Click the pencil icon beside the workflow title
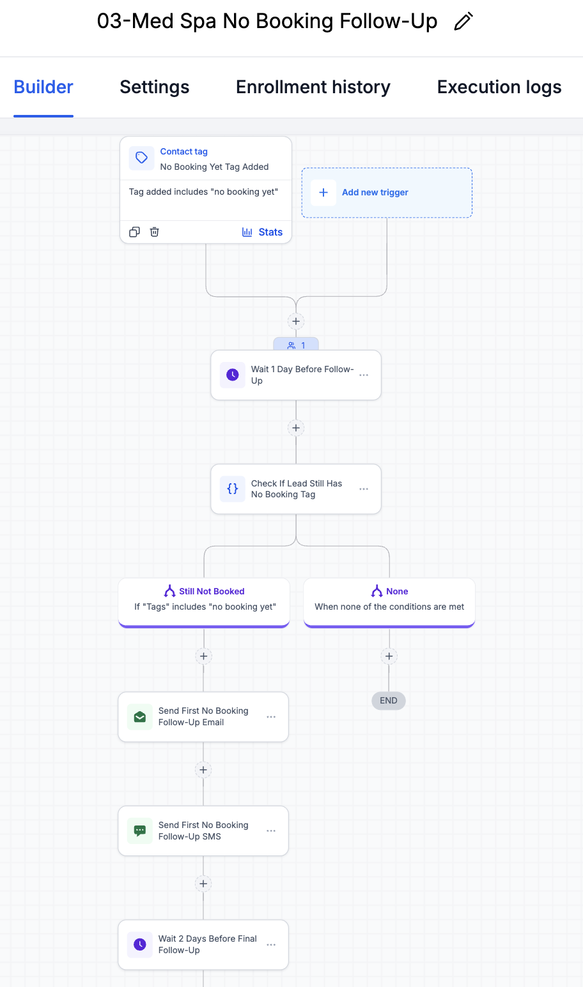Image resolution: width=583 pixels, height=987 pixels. pos(463,21)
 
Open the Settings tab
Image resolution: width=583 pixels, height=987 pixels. pos(155,87)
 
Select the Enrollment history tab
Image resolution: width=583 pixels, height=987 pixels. pos(313,87)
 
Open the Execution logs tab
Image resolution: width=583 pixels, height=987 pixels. pos(499,87)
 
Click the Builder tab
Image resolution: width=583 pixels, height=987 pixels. pos(43,87)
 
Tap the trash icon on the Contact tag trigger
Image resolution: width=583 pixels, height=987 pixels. pos(154,232)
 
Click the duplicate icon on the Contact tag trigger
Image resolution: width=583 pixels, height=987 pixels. pos(135,232)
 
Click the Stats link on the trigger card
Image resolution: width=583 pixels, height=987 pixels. pos(262,232)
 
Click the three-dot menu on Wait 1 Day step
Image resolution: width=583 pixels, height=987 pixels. pos(364,375)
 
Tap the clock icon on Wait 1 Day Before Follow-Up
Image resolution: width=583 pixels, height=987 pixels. pos(233,375)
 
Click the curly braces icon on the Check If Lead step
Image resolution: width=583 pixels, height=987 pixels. pos(233,488)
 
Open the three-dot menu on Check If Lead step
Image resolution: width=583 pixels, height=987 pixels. pos(364,489)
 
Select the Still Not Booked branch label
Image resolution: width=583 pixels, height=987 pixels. pos(212,591)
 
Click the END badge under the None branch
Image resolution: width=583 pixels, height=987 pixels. pos(389,700)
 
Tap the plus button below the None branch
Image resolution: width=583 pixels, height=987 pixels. pos(389,656)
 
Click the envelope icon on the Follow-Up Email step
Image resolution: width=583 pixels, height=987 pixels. pos(140,717)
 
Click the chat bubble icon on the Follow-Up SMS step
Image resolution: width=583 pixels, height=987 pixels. pos(140,831)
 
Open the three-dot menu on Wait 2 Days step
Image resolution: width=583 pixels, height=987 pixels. pos(271,945)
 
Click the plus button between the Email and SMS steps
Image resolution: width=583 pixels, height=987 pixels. pos(203,770)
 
